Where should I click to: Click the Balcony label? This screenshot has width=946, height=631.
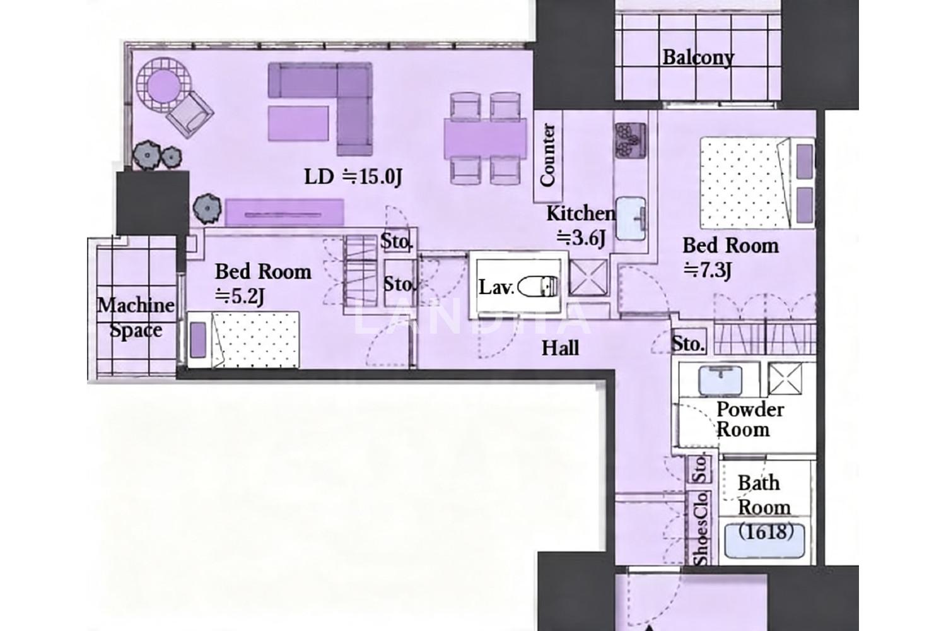pyautogui.click(x=698, y=58)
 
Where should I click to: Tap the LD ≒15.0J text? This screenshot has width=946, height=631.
pyautogui.click(x=353, y=177)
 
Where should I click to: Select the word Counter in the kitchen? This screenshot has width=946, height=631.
pyautogui.click(x=548, y=155)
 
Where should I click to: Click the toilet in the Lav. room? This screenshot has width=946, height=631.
pyautogui.click(x=537, y=286)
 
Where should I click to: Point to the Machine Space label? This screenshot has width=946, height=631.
pyautogui.click(x=136, y=317)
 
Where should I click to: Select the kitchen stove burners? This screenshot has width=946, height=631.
pyautogui.click(x=630, y=141)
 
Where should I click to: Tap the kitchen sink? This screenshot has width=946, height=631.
pyautogui.click(x=631, y=219)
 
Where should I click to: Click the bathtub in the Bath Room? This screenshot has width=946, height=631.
pyautogui.click(x=764, y=541)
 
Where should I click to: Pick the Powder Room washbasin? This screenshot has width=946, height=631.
pyautogui.click(x=720, y=379)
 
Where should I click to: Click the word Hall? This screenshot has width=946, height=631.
pyautogui.click(x=561, y=349)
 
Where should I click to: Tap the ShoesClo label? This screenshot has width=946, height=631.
pyautogui.click(x=701, y=529)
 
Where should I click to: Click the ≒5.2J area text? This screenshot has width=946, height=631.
pyautogui.click(x=240, y=296)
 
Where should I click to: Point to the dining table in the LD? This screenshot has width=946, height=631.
pyautogui.click(x=485, y=139)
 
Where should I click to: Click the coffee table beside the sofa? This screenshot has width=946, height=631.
pyautogui.click(x=298, y=124)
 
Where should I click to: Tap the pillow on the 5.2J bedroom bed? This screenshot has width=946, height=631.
pyautogui.click(x=198, y=340)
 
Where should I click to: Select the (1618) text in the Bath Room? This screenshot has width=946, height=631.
pyautogui.click(x=766, y=531)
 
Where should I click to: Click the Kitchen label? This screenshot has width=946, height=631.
pyautogui.click(x=581, y=214)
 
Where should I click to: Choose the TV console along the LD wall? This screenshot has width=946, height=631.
pyautogui.click(x=284, y=213)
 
